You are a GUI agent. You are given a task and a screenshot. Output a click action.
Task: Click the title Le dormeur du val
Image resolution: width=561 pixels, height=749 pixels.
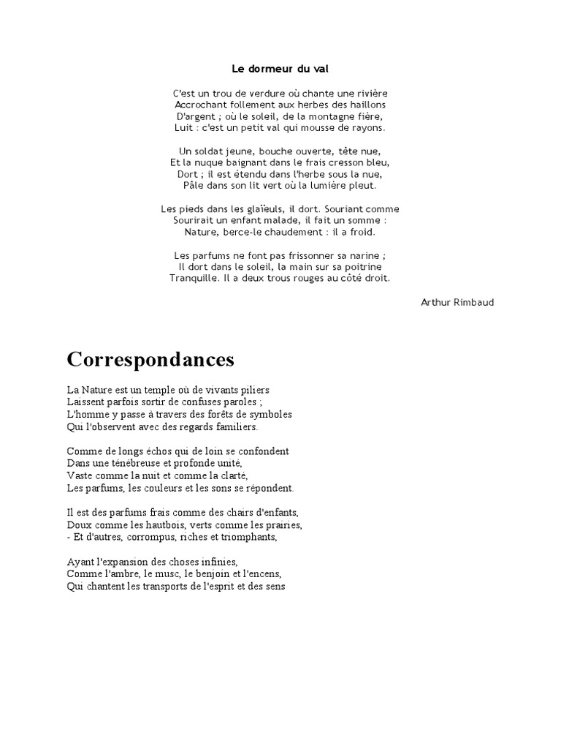[280, 68]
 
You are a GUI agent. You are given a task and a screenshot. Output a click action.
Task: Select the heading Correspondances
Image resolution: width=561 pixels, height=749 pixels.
[150, 359]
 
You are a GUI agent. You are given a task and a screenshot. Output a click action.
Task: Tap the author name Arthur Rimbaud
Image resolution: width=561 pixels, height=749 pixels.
[457, 302]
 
